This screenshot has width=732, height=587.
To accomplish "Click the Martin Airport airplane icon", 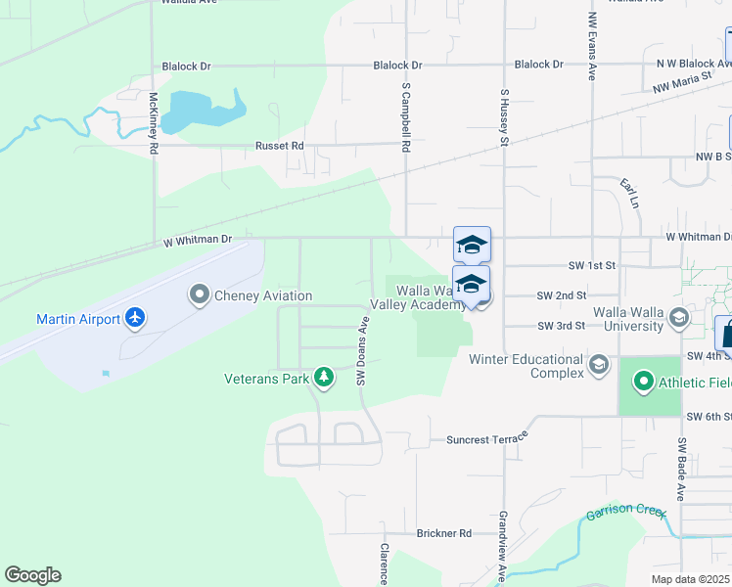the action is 135,319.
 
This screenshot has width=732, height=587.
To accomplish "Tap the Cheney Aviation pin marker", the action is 200,294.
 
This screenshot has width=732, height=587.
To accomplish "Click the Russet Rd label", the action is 280,146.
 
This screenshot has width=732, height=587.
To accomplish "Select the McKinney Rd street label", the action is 154,123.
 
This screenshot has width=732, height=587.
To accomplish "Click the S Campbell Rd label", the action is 404,117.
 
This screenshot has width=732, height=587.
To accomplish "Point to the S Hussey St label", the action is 505,116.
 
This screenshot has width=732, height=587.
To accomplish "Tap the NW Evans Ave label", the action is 592,46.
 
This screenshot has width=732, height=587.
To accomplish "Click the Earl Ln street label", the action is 628,191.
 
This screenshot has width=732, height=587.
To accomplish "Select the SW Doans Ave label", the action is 361,350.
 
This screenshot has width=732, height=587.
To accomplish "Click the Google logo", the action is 32,575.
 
